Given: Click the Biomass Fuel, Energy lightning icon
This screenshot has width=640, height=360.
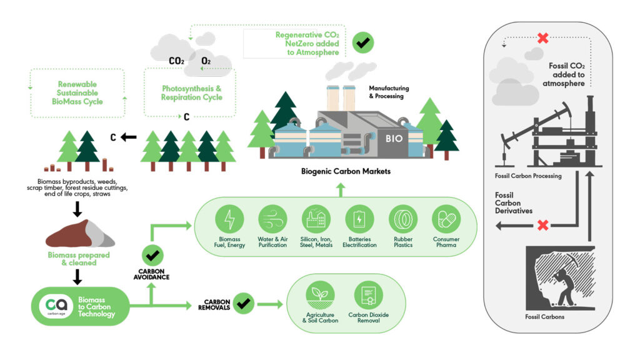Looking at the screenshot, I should pos(229,219).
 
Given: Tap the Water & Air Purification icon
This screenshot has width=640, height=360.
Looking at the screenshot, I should pos(272,219).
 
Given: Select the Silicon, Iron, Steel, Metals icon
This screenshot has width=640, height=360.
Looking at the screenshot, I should pos(316,219).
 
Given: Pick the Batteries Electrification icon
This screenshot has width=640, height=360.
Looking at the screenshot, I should pos(359,219).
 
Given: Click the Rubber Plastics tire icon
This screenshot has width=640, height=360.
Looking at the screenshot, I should pos(403,219).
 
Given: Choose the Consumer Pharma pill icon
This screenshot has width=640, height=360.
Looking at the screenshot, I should pos(446,219).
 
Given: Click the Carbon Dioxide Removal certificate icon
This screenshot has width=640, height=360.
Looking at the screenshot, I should pos(368,294).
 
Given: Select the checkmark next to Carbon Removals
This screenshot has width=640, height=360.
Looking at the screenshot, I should pos(244,304).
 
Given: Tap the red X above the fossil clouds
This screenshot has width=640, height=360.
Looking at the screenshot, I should pos(543,38).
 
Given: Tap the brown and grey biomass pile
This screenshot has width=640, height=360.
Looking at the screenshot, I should pos(78,234).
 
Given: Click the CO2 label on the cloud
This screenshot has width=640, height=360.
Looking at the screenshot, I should pos(176,61).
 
